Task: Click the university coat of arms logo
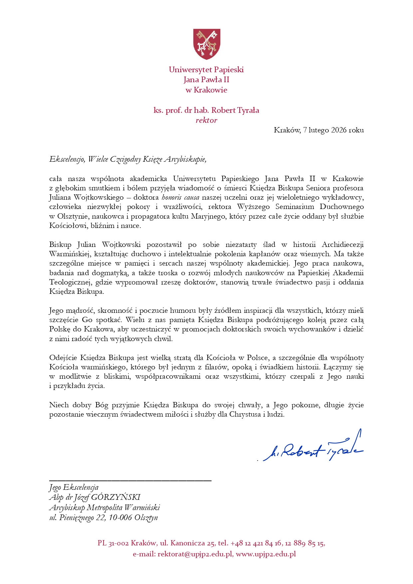[x=206, y=44]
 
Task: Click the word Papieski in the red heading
[x=228, y=70]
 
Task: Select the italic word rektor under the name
[x=206, y=120]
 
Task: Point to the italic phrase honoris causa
[x=180, y=197]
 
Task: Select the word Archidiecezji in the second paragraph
[x=342, y=245]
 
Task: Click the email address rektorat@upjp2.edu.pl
[x=195, y=554]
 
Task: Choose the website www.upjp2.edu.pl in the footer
[x=266, y=554]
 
